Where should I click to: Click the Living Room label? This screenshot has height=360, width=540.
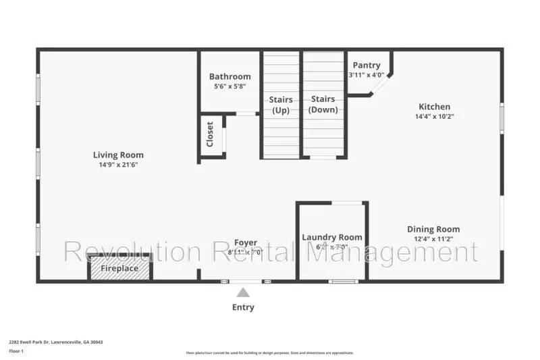coord(118,155)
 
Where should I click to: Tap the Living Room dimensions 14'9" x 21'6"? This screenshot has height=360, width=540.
coord(118,165)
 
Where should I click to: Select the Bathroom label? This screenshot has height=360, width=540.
coord(230,76)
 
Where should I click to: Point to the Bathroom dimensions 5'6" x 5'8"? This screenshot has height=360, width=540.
coord(230,86)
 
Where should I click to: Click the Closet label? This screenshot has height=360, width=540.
coord(210,134)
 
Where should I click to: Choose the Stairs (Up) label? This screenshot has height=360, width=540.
coord(281,105)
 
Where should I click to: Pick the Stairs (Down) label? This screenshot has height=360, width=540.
coord(323,104)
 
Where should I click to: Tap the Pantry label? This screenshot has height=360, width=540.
coord(367,65)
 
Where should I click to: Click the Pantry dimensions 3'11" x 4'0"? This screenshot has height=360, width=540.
coord(367,75)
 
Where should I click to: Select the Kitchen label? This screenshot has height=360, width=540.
coord(434,106)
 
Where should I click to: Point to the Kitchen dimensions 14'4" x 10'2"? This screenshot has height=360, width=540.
coord(434,116)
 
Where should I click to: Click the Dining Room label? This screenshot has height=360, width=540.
coord(433,229)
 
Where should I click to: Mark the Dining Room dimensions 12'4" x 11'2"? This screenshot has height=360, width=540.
coord(433,239)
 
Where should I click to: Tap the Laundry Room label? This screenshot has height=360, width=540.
coord(331,237)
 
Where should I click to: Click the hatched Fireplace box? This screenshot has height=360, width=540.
coord(120,268)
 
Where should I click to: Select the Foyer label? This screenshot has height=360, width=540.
coord(245,242)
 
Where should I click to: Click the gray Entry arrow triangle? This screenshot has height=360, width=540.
coord(243,292)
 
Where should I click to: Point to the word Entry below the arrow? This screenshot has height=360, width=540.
coord(243,307)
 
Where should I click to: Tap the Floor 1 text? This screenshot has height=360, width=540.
coord(17,351)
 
